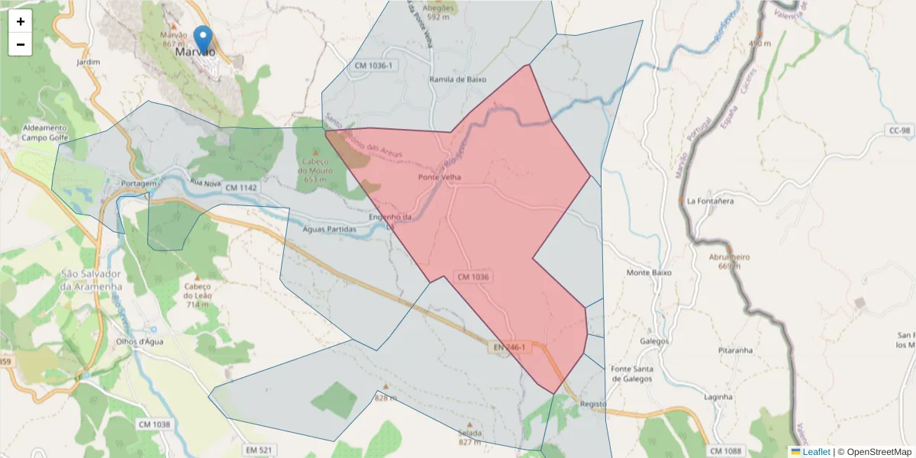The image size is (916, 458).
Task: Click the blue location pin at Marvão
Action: (203, 39)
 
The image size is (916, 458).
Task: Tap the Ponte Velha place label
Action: (440, 178)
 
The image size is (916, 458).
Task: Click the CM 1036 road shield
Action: (473, 276)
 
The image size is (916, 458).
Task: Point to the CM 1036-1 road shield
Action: (373, 66)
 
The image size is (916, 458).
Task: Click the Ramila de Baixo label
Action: (457, 79)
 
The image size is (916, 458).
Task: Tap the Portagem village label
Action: (138, 184)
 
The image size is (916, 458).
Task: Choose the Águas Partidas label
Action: (329, 229)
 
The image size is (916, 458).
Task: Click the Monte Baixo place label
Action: (649, 273)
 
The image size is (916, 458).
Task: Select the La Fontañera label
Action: (710, 202)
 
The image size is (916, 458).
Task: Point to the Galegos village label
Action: (655, 341)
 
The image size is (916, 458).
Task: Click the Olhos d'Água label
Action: (136, 341)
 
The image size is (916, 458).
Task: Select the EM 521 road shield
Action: (260, 450)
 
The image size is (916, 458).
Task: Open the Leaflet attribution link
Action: (816, 452)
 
